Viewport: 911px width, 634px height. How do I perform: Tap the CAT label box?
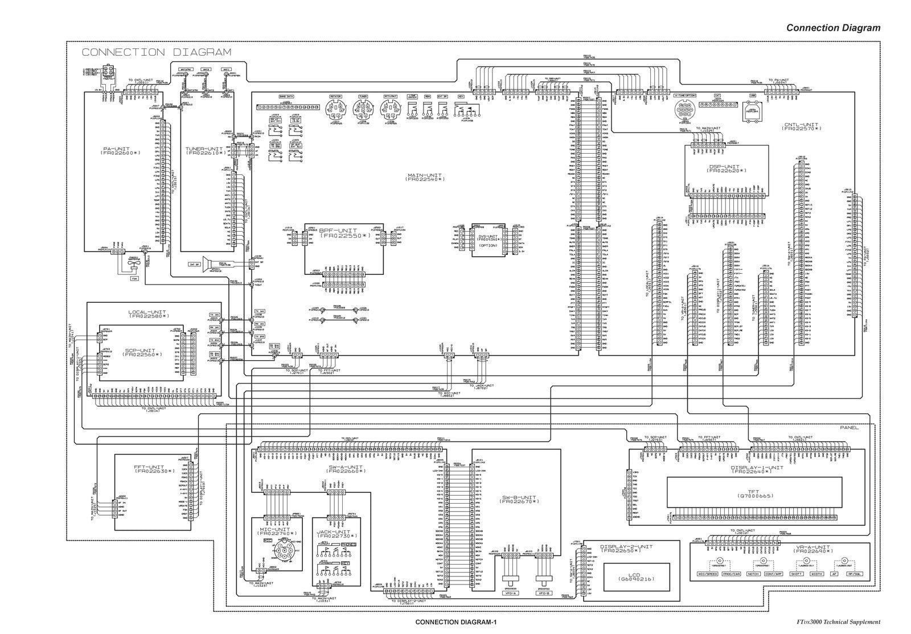[717, 96]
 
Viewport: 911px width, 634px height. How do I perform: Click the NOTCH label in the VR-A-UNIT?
[753, 574]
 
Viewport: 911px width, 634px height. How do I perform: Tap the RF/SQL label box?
[856, 574]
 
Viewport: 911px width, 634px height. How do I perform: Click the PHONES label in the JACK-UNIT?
[348, 545]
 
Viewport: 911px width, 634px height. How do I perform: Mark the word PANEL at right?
[849, 427]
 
